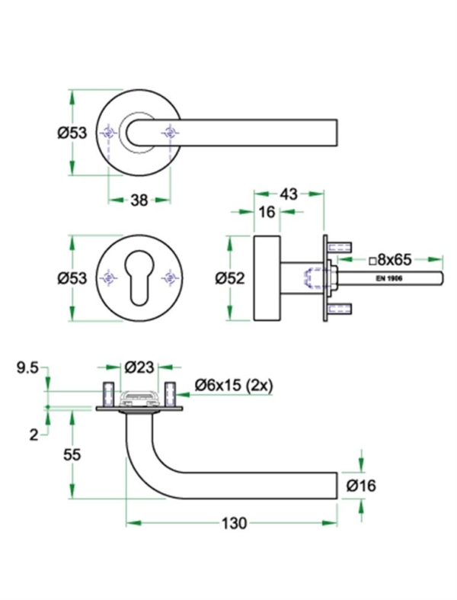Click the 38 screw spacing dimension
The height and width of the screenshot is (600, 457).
click(x=139, y=201)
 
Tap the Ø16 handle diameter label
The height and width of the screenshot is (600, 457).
click(x=360, y=485)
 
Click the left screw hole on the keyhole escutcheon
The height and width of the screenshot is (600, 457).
click(x=109, y=278)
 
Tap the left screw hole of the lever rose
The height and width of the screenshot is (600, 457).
click(x=109, y=134)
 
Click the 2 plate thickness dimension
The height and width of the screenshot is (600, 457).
click(x=34, y=435)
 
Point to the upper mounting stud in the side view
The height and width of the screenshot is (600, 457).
click(x=340, y=246)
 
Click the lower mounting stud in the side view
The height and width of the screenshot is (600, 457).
click(x=340, y=308)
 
